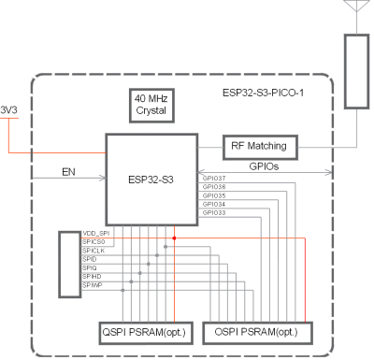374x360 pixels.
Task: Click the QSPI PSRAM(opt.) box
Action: (142, 332)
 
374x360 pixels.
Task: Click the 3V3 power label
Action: (8, 108)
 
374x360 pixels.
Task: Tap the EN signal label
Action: (67, 172)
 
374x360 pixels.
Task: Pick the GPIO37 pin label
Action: (213, 177)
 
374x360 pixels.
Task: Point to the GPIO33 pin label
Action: (213, 214)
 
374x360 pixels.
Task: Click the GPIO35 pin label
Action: (213, 195)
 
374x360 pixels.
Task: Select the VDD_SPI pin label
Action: (97, 231)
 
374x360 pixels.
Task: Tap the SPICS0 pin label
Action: (95, 241)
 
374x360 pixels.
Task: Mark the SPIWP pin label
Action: (93, 286)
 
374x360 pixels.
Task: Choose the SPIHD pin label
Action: (93, 277)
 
